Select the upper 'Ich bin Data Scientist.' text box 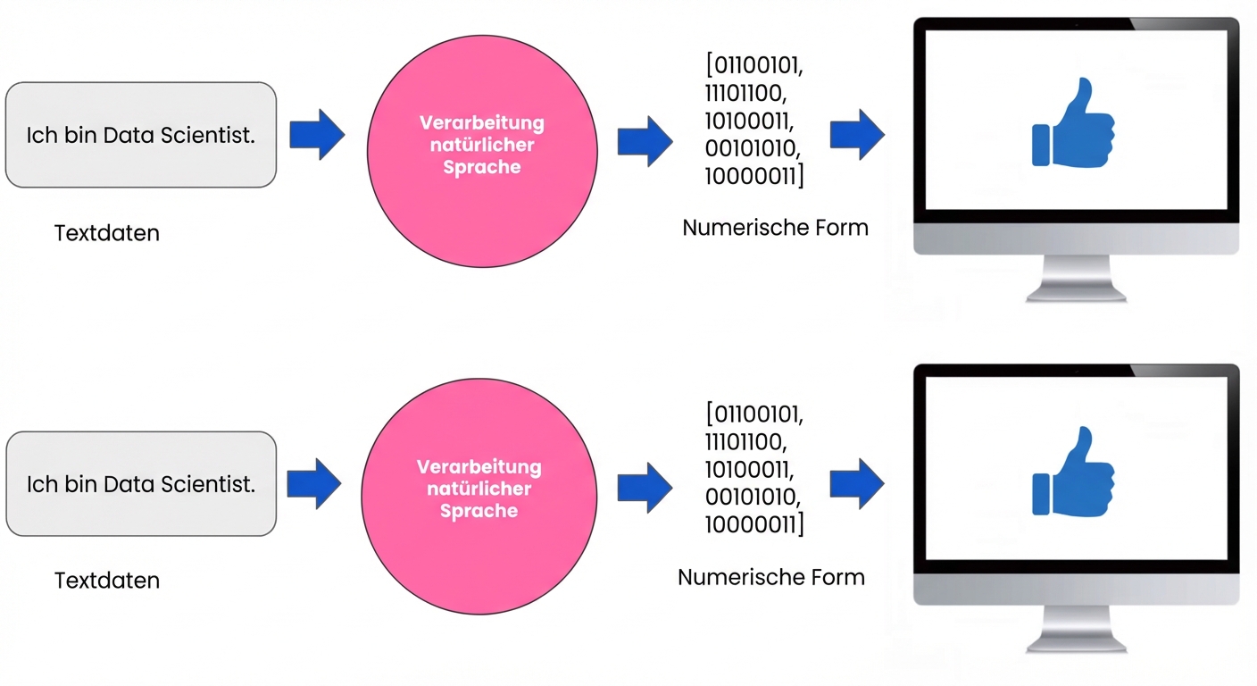pyautogui.click(x=141, y=136)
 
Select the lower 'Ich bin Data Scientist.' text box pyautogui.click(x=141, y=484)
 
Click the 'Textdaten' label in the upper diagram pyautogui.click(x=107, y=233)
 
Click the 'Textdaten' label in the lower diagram pyautogui.click(x=107, y=581)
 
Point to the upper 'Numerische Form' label pyautogui.click(x=775, y=228)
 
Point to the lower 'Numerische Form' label pyautogui.click(x=771, y=577)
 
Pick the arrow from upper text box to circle pyautogui.click(x=317, y=135)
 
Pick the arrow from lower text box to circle pyautogui.click(x=314, y=484)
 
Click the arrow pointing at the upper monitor pyautogui.click(x=857, y=135)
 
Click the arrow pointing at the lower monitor pyautogui.click(x=857, y=484)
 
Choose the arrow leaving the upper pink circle pyautogui.click(x=645, y=141)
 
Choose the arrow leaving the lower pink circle pyautogui.click(x=645, y=488)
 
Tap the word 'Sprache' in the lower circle pyautogui.click(x=479, y=511)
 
